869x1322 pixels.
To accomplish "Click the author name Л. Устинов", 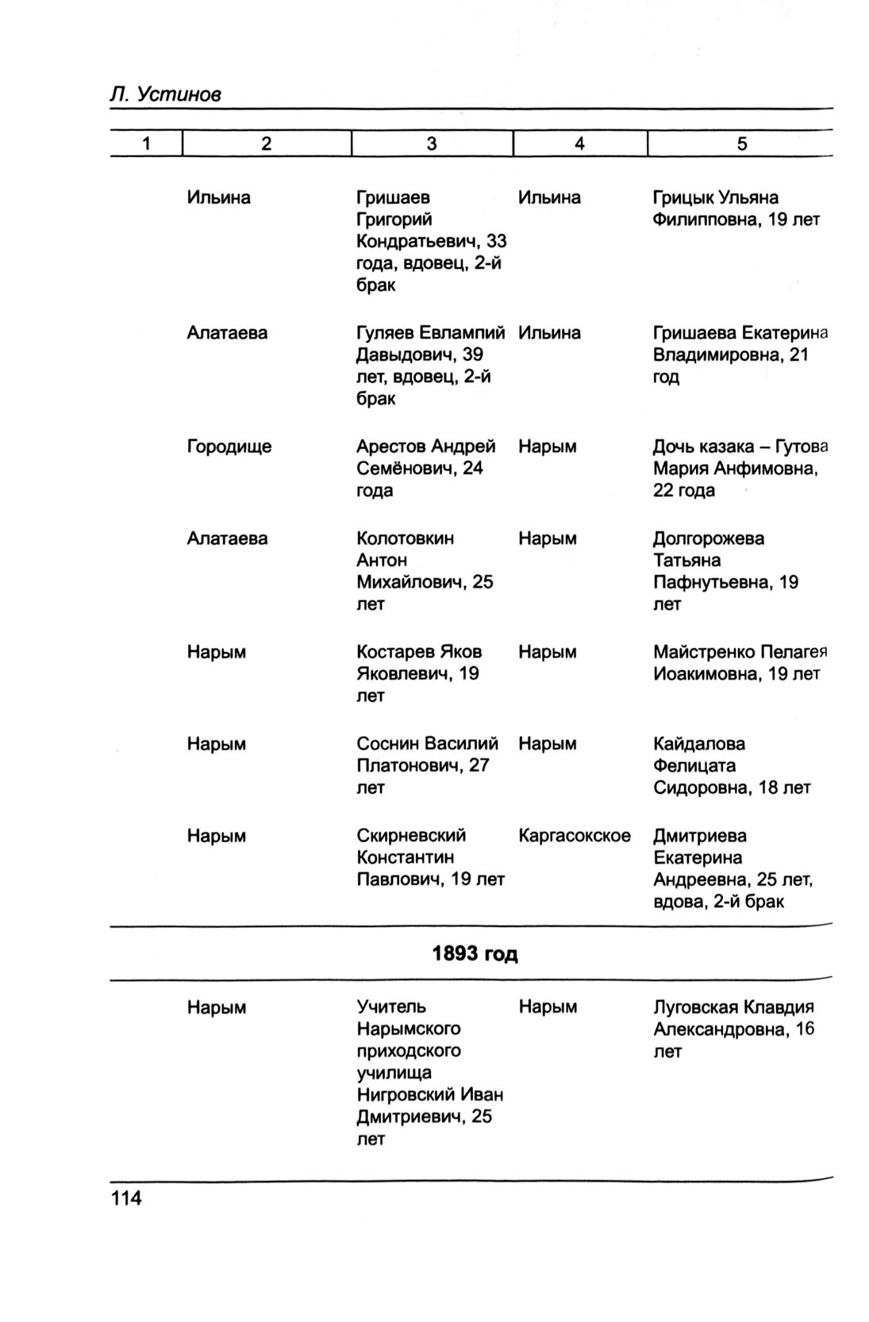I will [x=165, y=94].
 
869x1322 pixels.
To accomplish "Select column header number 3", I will [x=431, y=144].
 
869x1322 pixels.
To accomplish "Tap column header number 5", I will [x=741, y=144].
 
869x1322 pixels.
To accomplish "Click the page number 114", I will [x=126, y=1197].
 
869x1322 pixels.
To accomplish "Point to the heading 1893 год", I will [x=474, y=953].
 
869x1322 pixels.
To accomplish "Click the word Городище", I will [x=229, y=446].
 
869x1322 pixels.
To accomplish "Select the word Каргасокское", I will [x=574, y=836].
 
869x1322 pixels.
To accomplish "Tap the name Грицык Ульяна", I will [x=715, y=197].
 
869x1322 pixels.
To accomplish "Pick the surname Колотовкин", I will [x=405, y=538].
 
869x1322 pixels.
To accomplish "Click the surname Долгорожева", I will [x=709, y=538].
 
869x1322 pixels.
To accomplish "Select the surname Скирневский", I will [x=411, y=836].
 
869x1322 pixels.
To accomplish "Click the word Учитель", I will [x=391, y=1007].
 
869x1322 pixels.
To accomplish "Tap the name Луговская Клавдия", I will [x=733, y=1007].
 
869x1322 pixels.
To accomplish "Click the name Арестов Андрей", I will [x=425, y=446].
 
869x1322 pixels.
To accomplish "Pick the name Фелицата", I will [x=694, y=766].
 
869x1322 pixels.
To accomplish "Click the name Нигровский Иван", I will [x=429, y=1095].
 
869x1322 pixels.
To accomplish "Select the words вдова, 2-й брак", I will [x=718, y=902].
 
